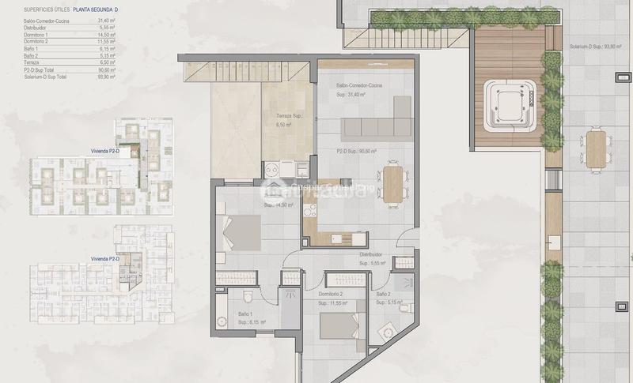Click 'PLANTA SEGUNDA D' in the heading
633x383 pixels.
[96, 9]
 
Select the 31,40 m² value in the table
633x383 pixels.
[106, 22]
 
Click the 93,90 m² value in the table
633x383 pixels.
[106, 76]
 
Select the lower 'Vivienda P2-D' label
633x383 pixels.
[105, 259]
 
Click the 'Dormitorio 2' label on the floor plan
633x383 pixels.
[332, 293]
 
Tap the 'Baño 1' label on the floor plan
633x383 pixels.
[246, 314]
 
